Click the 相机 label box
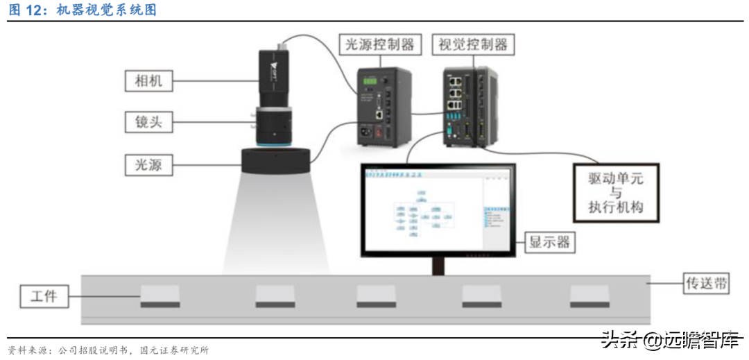[x=148, y=80]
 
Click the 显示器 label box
[x=549, y=241]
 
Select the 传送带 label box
[x=706, y=282]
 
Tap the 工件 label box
[x=43, y=298]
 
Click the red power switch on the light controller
[x=379, y=131]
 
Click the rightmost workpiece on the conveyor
[x=589, y=297]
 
